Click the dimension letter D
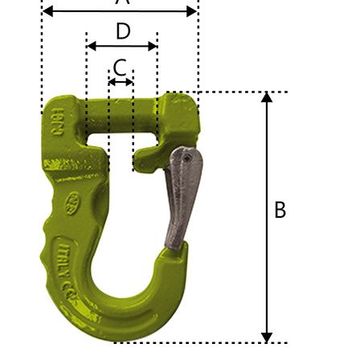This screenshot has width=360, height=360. [123, 31]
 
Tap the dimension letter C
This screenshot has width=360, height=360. [120, 67]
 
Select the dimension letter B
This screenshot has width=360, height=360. [280, 210]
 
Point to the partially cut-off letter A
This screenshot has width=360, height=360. [122, 2]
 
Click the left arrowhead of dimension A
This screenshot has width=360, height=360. [47, 11]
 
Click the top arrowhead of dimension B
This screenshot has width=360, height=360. [267, 97]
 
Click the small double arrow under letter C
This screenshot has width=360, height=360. [121, 82]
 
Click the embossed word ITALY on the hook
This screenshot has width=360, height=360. [70, 256]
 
